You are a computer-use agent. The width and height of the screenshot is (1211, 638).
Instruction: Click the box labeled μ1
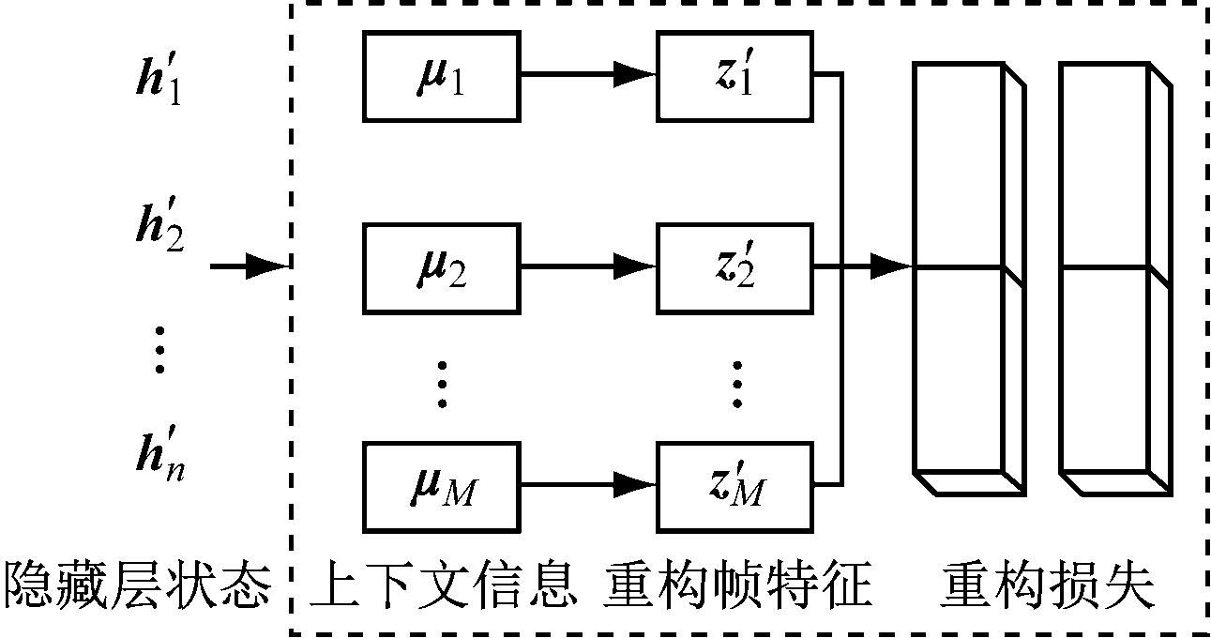coord(441,77)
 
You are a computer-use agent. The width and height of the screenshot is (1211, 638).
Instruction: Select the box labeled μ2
coord(441,268)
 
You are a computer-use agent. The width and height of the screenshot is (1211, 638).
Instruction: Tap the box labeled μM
coord(441,486)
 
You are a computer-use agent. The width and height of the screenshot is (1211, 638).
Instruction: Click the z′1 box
coord(734,77)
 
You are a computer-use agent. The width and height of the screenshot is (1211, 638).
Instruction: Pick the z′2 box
coord(734,268)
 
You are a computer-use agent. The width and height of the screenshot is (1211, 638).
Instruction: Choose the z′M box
coord(734,486)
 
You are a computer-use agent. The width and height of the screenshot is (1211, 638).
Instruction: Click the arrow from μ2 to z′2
coord(587,268)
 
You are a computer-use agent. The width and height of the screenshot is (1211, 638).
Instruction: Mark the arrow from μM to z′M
coord(587,486)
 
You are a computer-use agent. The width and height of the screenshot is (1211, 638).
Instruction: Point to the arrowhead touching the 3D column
coord(891,268)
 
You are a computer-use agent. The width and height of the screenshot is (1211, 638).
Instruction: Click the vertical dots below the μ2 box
coord(441,383)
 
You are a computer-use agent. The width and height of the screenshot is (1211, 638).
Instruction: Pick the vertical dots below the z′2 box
coord(736,383)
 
